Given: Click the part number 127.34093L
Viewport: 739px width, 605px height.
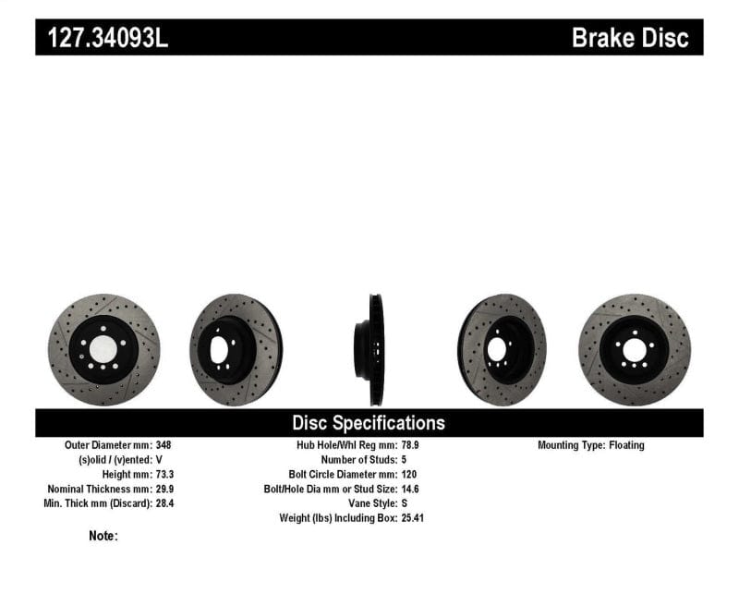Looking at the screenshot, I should tap(103, 38).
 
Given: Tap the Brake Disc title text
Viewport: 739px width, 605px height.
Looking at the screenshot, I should tap(630, 38).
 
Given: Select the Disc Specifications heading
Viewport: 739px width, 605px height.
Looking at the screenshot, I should tap(369, 423).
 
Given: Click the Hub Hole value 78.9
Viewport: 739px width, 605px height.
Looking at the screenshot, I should tap(410, 445).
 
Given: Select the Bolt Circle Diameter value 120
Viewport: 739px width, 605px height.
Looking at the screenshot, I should tap(409, 474).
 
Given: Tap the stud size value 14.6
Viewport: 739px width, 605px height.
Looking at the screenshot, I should tap(410, 489).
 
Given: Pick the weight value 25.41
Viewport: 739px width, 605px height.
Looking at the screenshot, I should tap(413, 518).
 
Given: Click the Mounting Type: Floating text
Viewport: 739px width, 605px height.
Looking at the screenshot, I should tap(591, 445).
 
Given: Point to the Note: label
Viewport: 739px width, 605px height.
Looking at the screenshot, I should tap(103, 536).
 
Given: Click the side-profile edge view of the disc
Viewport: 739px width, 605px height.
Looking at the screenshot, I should tap(375, 349).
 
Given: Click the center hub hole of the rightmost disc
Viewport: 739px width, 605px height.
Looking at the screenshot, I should tap(635, 350).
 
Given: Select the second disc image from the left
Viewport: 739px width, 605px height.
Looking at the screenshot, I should tap(236, 349).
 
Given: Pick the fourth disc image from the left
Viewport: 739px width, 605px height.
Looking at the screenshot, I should tap(502, 349).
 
